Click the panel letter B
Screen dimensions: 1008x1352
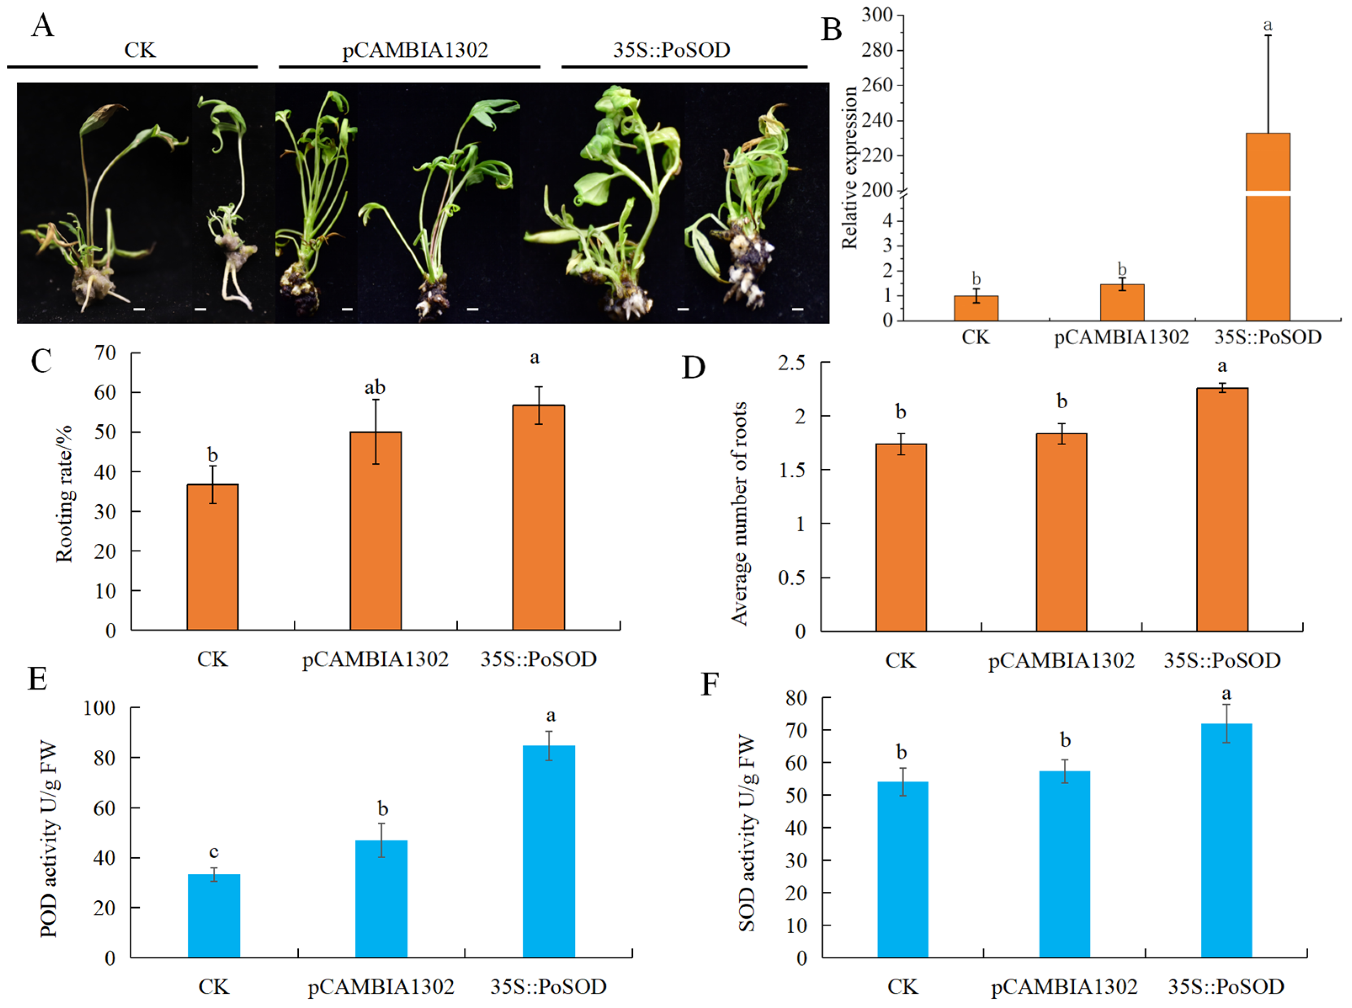831,29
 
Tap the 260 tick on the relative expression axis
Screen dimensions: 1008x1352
877,85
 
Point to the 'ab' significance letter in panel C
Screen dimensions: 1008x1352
375,388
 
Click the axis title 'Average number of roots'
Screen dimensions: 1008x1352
739,513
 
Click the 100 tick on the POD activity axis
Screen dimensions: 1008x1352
99,708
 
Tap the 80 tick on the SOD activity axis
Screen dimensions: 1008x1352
796,697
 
